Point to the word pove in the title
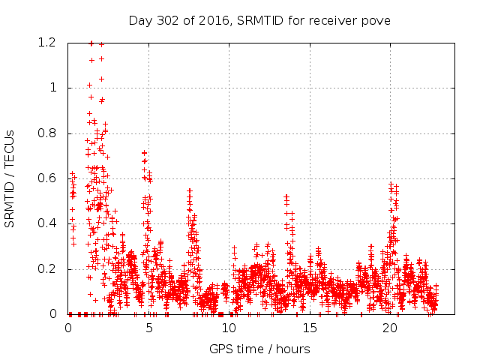pos(377,19)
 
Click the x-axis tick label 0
pos(68,328)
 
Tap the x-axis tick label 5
pos(148,328)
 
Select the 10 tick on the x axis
pos(229,328)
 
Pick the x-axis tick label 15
pos(310,328)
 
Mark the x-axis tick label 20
pos(391,328)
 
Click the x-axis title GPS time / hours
pos(259,349)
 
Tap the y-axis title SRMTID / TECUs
pos(10,178)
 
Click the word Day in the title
pos(139,19)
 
